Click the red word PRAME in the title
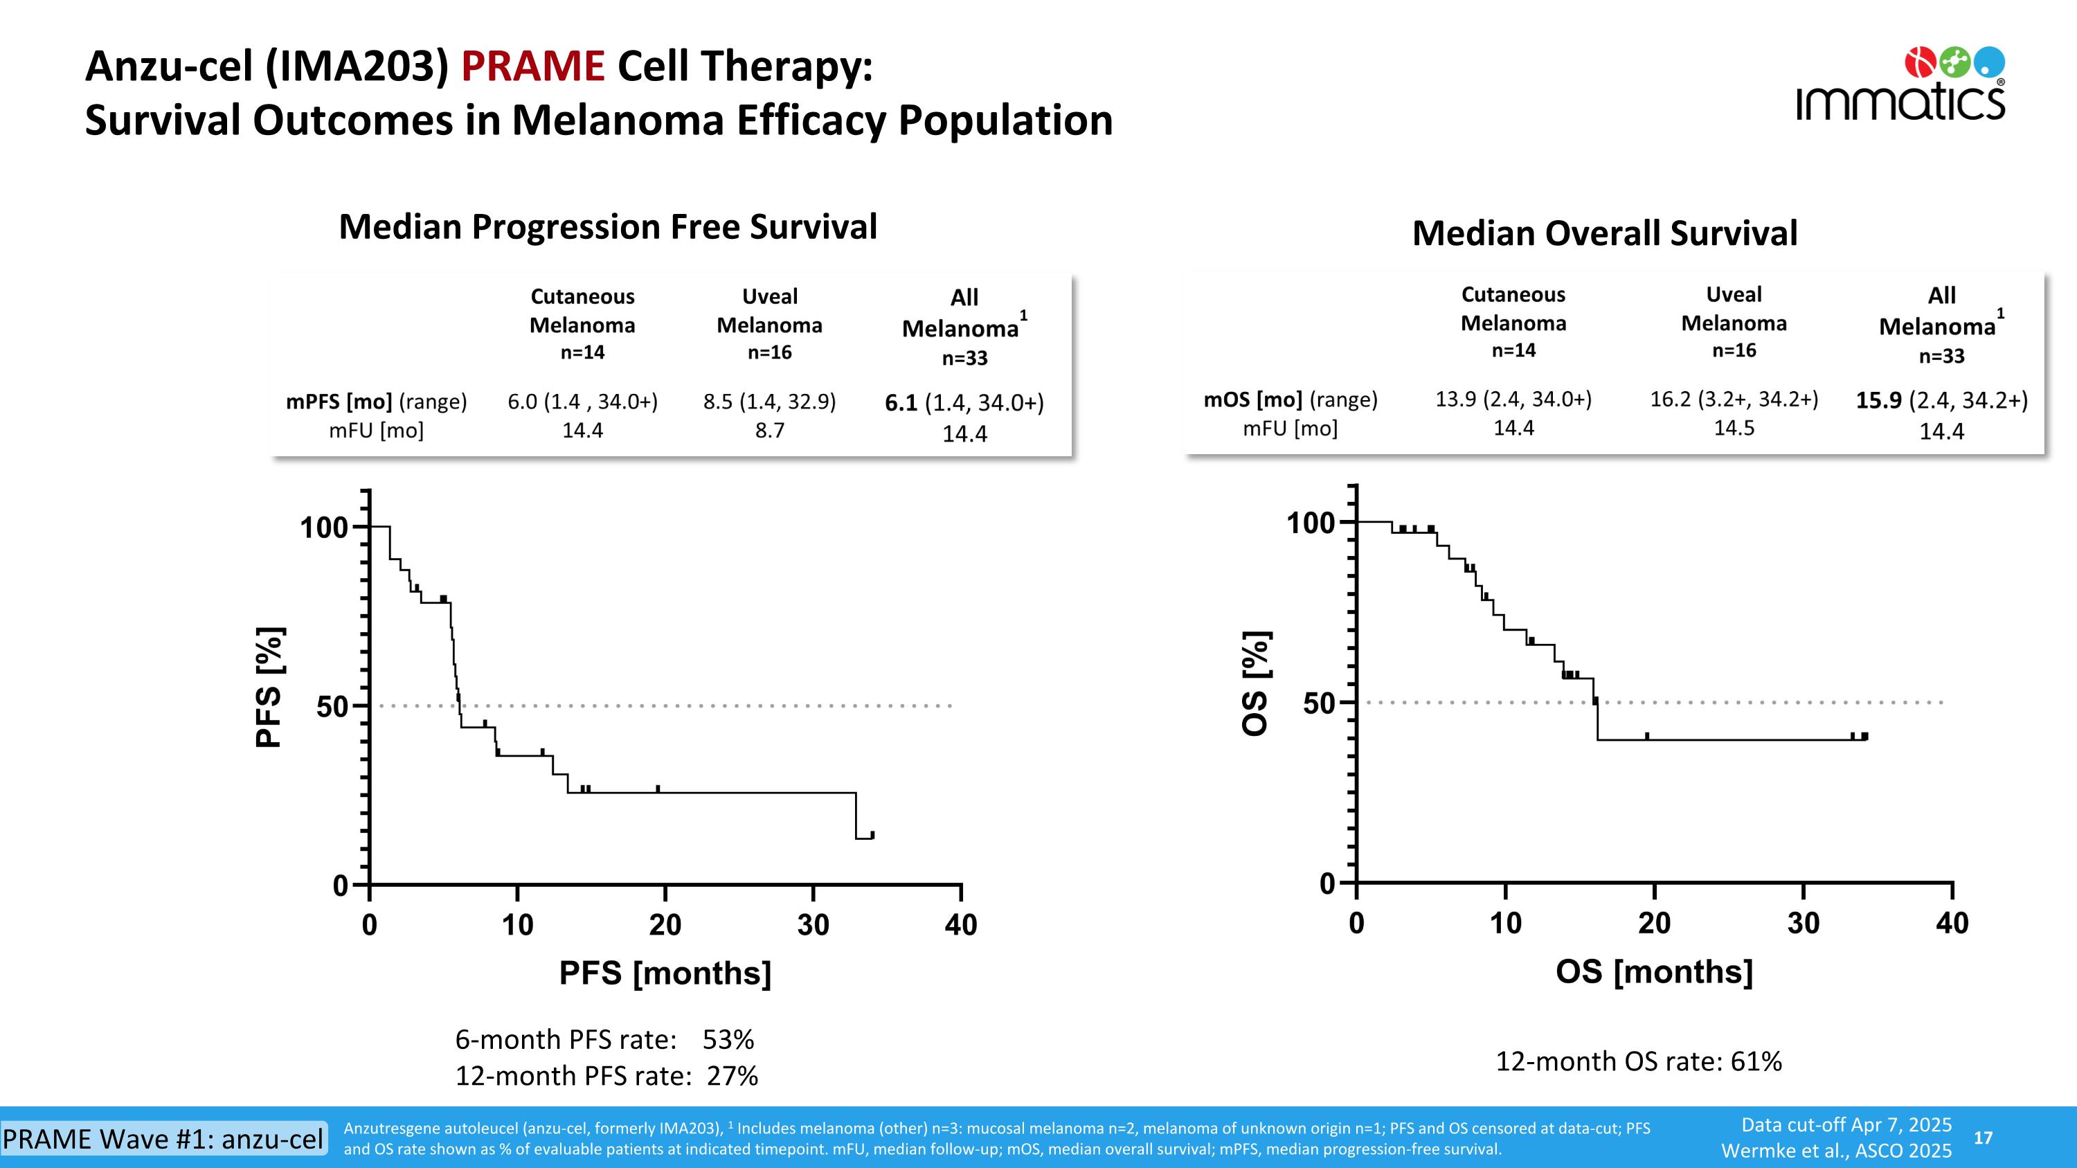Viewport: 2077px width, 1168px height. tap(532, 66)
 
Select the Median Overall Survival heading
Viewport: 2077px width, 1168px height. tap(1605, 234)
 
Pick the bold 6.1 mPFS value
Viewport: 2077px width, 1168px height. tap(901, 403)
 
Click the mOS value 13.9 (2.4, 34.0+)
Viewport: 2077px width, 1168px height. tap(1513, 399)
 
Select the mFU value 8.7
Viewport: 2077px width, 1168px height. tap(769, 431)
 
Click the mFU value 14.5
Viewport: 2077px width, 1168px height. tap(1734, 428)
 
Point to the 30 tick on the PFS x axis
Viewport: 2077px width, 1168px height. tap(813, 924)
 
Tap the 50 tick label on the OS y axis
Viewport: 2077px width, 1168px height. tap(1319, 703)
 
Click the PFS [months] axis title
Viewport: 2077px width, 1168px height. tap(665, 973)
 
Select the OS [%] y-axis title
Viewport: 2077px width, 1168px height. tap(1255, 683)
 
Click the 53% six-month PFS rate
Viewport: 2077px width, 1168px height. tap(728, 1040)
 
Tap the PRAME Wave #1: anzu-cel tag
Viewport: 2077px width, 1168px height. tap(163, 1138)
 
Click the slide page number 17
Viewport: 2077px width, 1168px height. tap(1983, 1138)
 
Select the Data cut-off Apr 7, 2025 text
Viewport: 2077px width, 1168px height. tap(1846, 1125)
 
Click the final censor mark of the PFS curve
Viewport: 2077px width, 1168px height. tap(872, 834)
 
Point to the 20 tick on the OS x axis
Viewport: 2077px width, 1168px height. tap(1655, 923)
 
